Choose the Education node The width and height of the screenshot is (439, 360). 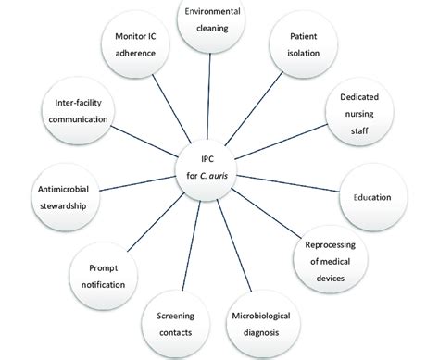(371, 197)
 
